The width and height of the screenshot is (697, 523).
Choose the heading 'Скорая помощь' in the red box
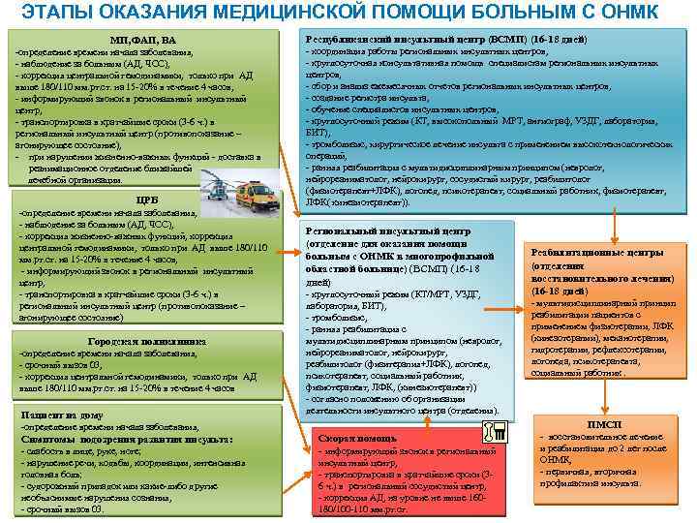pos(344,439)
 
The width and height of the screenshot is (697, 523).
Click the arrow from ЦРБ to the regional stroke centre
pos(286,253)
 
